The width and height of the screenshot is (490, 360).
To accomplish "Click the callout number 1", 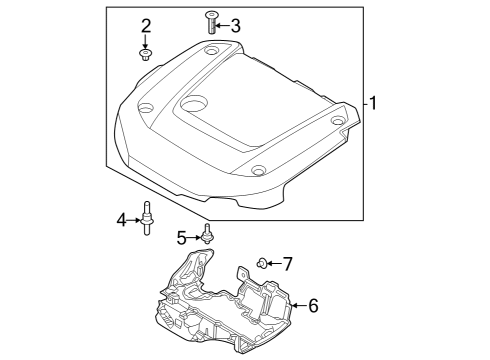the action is [x=373, y=103].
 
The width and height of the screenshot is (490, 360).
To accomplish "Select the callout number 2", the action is [x=146, y=26].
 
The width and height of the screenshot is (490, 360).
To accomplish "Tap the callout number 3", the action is [x=235, y=26].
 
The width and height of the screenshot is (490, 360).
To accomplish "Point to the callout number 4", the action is [x=122, y=220].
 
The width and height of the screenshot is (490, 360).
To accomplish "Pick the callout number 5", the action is [x=182, y=238].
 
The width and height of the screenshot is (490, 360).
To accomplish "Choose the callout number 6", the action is [x=313, y=305].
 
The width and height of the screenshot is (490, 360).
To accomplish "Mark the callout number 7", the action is [x=287, y=264].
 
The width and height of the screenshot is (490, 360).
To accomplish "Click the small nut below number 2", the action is [x=145, y=55].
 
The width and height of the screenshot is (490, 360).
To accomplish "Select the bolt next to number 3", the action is [x=210, y=22].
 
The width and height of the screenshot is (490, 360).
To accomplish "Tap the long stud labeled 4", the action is [x=147, y=218].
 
